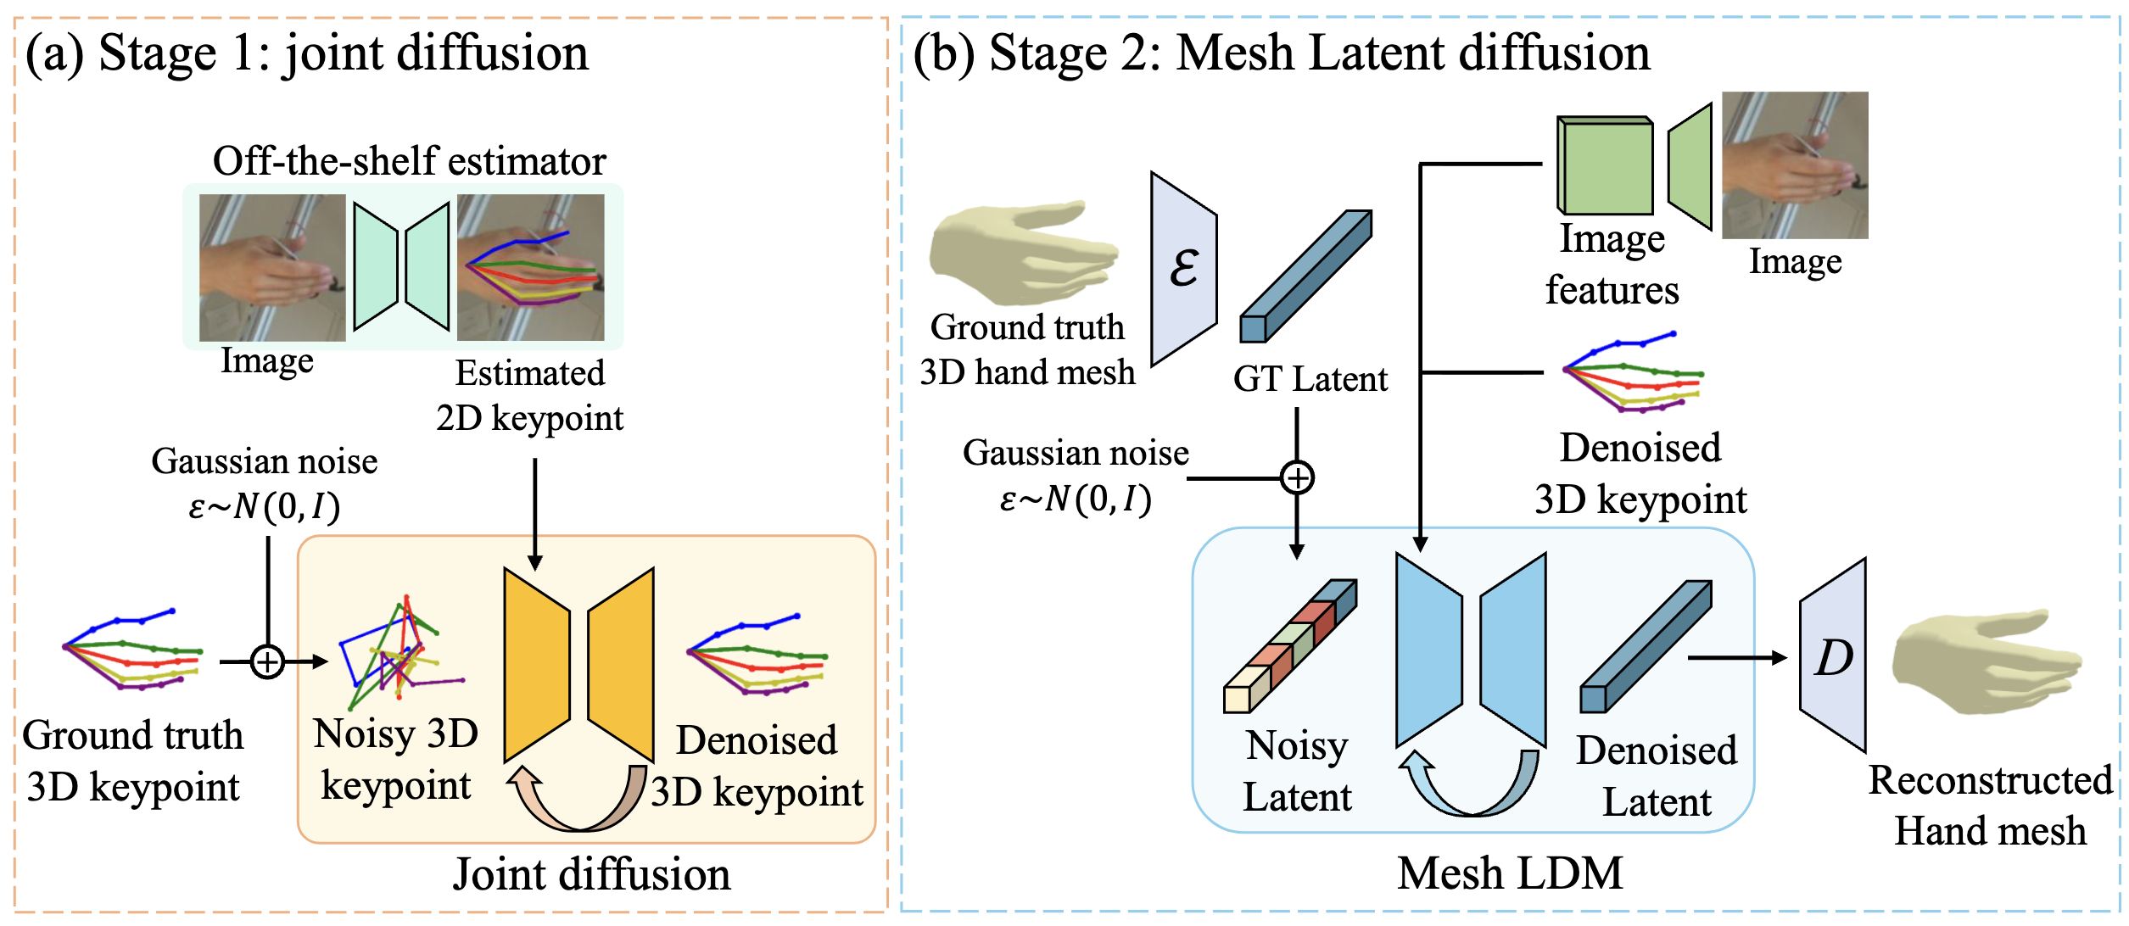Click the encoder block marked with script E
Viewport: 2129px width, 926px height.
[1183, 269]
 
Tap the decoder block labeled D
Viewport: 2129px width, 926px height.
[1833, 655]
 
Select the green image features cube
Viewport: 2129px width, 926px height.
[1605, 165]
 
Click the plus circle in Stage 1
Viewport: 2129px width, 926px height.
[267, 661]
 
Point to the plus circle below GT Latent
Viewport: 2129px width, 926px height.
[1297, 477]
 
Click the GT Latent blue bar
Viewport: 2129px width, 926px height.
[1305, 276]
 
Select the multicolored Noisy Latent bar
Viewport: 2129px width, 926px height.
[1290, 646]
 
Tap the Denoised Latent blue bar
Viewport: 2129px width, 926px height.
[1646, 646]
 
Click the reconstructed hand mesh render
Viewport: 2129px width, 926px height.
[1987, 661]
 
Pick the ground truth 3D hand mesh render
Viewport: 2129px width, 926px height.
[1024, 253]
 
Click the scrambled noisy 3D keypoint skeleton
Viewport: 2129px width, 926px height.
[401, 653]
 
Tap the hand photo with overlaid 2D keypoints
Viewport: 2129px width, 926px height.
[531, 267]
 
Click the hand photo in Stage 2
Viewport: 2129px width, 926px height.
[1795, 165]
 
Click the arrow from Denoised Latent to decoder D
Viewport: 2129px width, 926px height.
[1737, 657]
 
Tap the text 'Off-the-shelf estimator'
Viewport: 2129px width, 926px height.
[410, 160]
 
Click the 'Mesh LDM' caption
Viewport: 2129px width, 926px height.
[1511, 873]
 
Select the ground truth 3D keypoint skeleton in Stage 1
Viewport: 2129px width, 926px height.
[132, 649]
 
